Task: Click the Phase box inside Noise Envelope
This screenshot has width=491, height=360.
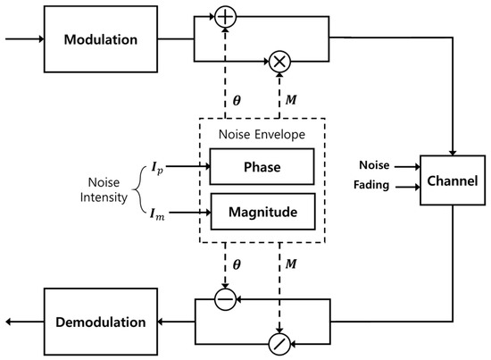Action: (262, 166)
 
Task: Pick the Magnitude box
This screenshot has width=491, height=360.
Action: (262, 212)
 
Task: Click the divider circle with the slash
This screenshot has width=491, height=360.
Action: (281, 344)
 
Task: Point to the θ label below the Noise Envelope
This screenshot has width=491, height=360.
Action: (236, 265)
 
